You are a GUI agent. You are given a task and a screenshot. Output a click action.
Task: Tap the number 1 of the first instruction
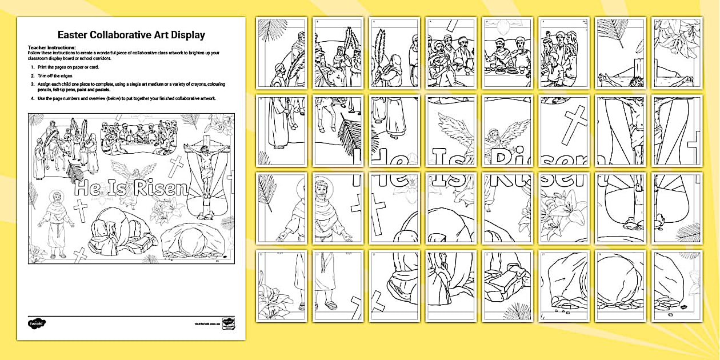(x=32, y=67)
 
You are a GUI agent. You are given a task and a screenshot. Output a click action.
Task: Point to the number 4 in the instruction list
(x=32, y=98)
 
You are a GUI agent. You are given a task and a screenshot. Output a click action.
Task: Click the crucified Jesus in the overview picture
(x=205, y=154)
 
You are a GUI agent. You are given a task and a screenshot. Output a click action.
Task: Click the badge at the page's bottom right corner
(x=230, y=323)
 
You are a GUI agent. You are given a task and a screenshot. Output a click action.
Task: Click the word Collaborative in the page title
(x=128, y=35)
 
